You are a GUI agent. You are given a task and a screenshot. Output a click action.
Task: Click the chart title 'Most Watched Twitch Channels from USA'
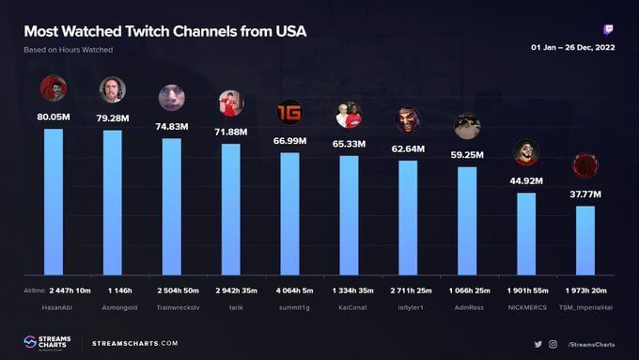click(164, 31)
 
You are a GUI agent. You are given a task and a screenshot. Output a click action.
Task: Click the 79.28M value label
click(112, 117)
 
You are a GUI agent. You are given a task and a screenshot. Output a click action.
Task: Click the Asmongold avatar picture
click(113, 89)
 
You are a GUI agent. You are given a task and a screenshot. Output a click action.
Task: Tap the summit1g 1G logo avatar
click(289, 112)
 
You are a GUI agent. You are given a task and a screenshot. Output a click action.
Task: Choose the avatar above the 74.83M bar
click(171, 98)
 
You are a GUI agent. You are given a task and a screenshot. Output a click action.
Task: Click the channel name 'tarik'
click(230, 306)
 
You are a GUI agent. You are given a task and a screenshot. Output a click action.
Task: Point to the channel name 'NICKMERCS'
click(526, 306)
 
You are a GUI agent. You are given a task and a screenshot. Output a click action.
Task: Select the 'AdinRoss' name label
click(467, 306)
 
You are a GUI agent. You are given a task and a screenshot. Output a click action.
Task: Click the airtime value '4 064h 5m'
click(289, 291)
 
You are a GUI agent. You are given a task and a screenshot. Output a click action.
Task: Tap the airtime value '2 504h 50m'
click(171, 291)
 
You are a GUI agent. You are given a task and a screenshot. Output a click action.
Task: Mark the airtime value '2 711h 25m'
click(408, 291)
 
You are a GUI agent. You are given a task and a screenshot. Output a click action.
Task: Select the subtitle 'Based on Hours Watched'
click(69, 49)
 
